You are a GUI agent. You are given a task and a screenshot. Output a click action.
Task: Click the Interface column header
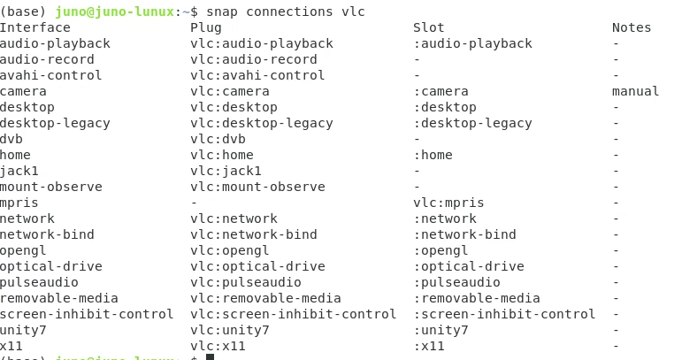[x=35, y=27]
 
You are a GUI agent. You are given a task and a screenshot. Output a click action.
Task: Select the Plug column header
[x=206, y=27]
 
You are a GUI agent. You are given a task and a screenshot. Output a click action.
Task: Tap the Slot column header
[x=429, y=27]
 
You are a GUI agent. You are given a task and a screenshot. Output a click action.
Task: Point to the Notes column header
[x=631, y=27]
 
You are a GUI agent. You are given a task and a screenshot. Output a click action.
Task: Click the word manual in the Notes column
[x=635, y=91]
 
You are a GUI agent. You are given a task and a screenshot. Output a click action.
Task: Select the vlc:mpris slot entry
[x=448, y=203]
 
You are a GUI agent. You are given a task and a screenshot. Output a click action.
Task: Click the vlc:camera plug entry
[x=230, y=91]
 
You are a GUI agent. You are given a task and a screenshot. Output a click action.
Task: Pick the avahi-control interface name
[x=51, y=75]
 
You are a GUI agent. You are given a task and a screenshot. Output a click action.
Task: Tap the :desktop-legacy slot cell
[x=472, y=123]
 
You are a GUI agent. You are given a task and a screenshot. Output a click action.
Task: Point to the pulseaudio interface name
[x=40, y=282]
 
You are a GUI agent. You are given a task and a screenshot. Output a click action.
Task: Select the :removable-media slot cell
[x=477, y=298]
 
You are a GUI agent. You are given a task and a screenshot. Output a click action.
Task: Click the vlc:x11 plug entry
[x=218, y=346]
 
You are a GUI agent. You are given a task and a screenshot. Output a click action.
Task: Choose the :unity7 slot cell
[x=441, y=330]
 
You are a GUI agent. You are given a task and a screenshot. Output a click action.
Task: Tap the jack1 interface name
[x=19, y=171]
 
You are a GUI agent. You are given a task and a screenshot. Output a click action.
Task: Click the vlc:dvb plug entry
[x=218, y=139]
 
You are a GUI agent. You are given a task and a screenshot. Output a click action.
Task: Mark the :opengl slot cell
[x=441, y=250]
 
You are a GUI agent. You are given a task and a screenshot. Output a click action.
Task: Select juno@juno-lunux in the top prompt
[x=111, y=11]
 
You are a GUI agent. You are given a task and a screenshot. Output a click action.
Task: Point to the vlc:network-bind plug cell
[x=254, y=234]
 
